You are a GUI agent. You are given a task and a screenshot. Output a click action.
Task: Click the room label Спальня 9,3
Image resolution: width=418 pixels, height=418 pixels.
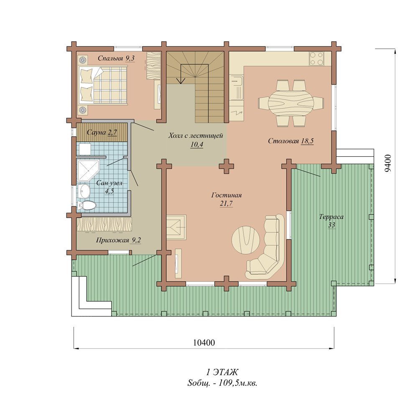point(116,59)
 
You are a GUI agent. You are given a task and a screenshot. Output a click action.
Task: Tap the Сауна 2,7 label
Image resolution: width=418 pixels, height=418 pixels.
point(102,132)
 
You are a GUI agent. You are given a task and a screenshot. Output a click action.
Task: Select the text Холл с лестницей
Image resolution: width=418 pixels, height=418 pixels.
point(195,136)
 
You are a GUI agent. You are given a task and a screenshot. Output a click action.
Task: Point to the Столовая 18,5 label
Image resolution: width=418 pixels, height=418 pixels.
point(291,141)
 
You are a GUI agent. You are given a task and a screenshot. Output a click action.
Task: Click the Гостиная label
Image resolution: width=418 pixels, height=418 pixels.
point(226,195)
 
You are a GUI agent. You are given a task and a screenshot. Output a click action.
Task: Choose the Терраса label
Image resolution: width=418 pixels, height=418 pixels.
point(331,217)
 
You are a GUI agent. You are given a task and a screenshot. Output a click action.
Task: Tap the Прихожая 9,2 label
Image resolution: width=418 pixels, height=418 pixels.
point(118,240)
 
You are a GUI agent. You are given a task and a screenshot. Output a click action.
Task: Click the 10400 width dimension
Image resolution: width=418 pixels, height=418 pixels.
point(204,343)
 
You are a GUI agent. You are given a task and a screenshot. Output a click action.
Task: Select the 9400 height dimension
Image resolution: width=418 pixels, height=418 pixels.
point(388,163)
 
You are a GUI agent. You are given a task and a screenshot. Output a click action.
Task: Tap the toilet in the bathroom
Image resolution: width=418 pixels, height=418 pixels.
point(87,205)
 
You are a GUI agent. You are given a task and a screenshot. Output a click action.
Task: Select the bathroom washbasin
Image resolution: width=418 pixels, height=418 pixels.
point(85,191)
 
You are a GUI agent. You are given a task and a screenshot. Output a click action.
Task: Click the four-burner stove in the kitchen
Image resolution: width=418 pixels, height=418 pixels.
point(317,59)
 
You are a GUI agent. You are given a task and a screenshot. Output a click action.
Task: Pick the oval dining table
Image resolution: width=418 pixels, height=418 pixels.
point(291,103)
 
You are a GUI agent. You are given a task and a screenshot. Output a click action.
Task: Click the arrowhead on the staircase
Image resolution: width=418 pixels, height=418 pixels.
point(181,81)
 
